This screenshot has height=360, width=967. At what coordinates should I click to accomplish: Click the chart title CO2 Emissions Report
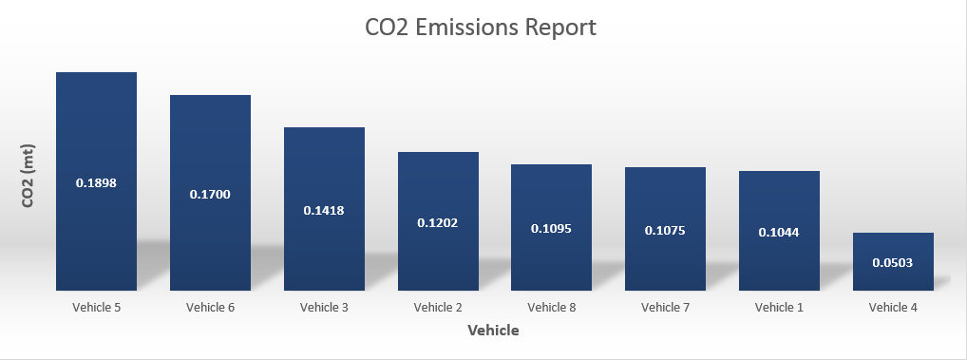(x=481, y=28)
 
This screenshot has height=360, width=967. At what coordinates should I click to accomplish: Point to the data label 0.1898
(x=96, y=182)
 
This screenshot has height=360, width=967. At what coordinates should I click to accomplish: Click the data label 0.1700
(x=210, y=195)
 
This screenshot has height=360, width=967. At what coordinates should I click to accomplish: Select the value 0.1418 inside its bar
(x=324, y=210)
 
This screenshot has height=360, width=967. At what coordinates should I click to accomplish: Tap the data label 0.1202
(x=437, y=222)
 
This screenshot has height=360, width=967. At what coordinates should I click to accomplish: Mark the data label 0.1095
(x=551, y=229)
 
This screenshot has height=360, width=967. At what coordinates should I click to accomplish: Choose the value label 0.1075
(x=665, y=230)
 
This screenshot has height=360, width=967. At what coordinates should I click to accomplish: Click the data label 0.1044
(x=779, y=232)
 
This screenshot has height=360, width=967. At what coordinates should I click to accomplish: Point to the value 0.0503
(x=893, y=262)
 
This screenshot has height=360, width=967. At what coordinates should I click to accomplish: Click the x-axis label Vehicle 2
(x=438, y=308)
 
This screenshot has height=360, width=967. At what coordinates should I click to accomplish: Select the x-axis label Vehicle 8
(x=552, y=308)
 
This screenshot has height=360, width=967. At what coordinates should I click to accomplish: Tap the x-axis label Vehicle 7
(x=665, y=308)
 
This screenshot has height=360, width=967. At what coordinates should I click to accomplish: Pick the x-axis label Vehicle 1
(x=779, y=308)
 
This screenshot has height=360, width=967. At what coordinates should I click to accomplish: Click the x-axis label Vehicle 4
(x=893, y=308)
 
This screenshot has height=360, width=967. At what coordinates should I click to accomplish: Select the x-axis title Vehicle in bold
(x=493, y=331)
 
